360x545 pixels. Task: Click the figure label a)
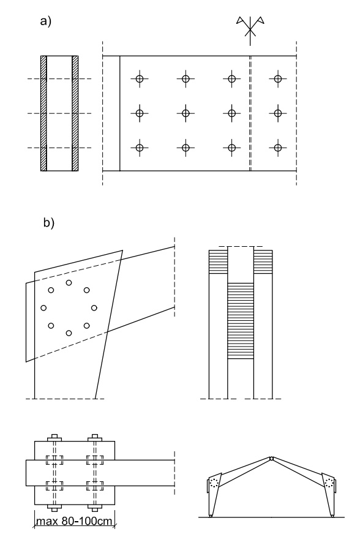tap(46, 21)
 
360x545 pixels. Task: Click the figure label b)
tap(49, 222)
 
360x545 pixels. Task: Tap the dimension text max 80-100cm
tap(74, 521)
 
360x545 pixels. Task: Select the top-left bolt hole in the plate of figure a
tap(140, 79)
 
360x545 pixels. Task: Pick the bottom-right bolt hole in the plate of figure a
tap(277, 148)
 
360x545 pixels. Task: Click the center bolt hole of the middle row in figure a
tap(186, 113)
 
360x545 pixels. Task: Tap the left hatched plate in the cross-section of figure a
tap(43, 113)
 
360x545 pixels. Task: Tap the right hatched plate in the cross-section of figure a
tap(75, 113)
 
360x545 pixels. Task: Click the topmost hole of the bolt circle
tap(69, 282)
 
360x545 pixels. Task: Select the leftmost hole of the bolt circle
tap(43, 307)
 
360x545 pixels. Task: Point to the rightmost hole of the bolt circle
tap(94, 307)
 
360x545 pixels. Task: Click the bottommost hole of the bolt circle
tap(69, 333)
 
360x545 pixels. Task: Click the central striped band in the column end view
tap(241, 321)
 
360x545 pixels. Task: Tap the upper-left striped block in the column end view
tap(218, 262)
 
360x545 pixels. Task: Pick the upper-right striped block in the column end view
tap(263, 262)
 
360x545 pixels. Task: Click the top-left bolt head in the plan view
tap(54, 438)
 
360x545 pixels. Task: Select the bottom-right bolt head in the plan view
tap(94, 508)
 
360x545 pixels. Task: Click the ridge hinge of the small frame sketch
tap(271, 459)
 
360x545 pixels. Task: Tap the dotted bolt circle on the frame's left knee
tap(214, 483)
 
